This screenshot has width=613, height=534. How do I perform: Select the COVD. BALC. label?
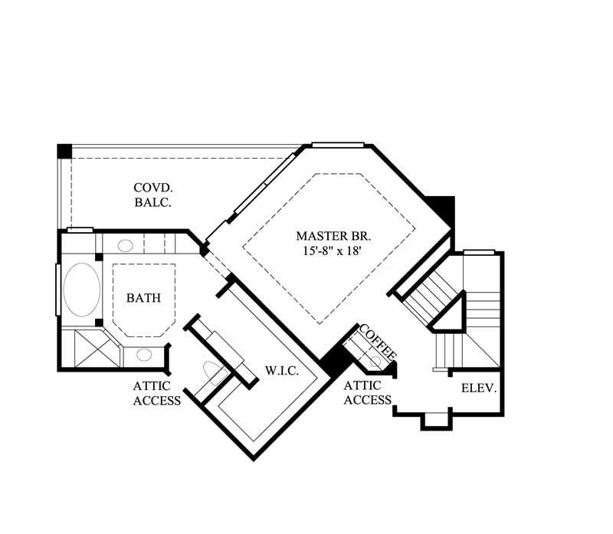[152, 195]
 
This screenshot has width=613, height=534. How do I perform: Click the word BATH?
[144, 297]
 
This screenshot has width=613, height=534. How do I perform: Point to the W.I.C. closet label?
[282, 370]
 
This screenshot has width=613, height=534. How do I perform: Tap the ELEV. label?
[480, 388]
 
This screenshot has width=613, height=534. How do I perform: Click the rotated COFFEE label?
[377, 343]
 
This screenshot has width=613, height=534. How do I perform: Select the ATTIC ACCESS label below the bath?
[156, 393]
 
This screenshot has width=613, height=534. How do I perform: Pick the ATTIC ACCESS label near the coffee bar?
[368, 393]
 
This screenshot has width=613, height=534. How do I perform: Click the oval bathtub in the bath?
[80, 290]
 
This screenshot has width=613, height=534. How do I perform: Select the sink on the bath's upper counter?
[125, 246]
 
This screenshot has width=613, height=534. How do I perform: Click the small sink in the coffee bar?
[376, 360]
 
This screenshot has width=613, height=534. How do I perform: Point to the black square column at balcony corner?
[65, 151]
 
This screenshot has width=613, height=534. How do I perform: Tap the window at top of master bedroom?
[337, 144]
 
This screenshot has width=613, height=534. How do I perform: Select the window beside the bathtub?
[56, 289]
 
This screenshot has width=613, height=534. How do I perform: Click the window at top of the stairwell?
[479, 251]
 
